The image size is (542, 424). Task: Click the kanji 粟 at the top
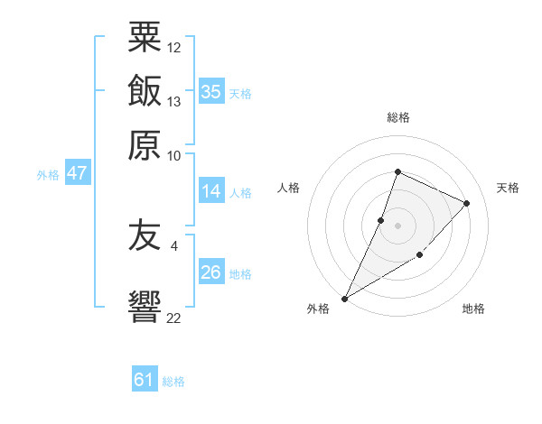coord(145,37)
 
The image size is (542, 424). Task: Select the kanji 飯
coord(145,90)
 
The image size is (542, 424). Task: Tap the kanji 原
coord(145,145)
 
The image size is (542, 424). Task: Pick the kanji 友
coord(145,235)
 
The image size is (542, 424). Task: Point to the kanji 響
coord(145,307)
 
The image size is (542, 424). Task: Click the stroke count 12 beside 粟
coord(173,48)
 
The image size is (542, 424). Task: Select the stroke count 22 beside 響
coord(173,318)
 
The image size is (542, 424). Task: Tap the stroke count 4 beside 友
coord(174,246)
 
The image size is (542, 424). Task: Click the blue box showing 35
coord(211,91)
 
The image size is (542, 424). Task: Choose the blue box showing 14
coord(211,190)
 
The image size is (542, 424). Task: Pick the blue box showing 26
coord(211,271)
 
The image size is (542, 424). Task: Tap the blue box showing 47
coord(78,172)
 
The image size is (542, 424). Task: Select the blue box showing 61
coord(145,378)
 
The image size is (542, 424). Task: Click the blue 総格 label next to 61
coord(173,382)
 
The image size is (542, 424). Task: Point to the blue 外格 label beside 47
coord(48,175)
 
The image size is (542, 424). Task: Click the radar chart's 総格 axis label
coord(398,117)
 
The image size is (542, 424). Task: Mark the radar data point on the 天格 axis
coord(466,203)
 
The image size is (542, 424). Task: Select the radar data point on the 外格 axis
coord(344,299)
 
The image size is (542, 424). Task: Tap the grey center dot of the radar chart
coord(397,226)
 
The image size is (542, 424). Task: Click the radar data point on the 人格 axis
coord(380,221)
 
